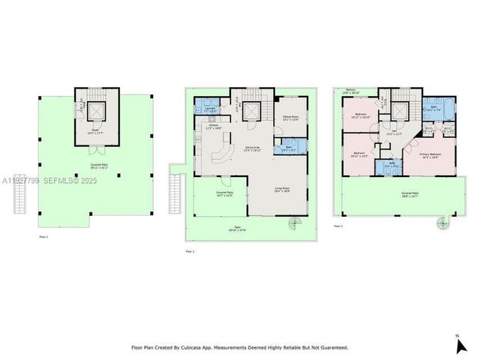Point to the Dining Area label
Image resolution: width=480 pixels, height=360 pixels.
tap(252, 148)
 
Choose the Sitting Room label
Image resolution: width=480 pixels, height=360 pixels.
tap(290, 118)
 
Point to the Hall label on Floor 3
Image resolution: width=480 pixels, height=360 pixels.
tap(394, 132)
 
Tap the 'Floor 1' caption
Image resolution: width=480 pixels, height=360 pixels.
tap(43, 237)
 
